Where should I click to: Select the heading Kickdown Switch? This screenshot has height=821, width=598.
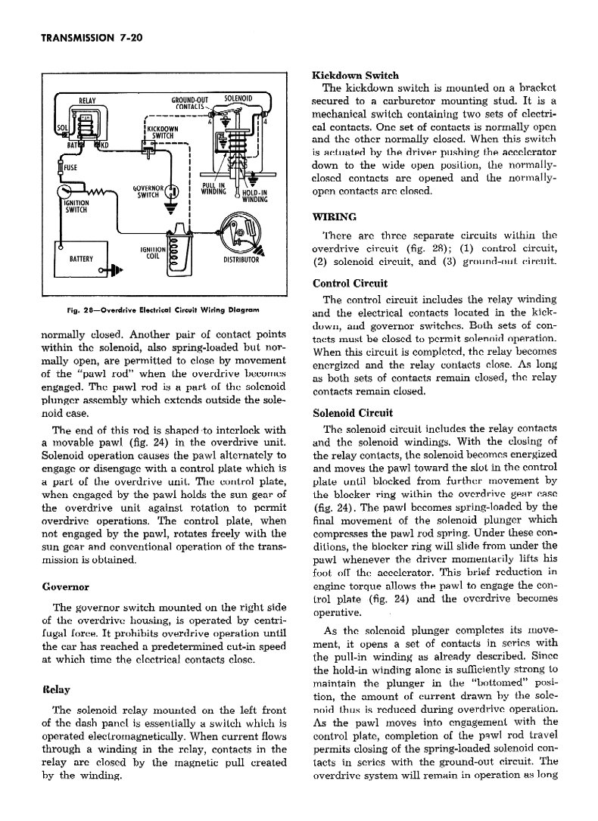tap(355, 76)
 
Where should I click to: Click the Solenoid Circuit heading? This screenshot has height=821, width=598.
tap(352, 413)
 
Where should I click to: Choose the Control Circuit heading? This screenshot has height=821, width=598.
tap(350, 284)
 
